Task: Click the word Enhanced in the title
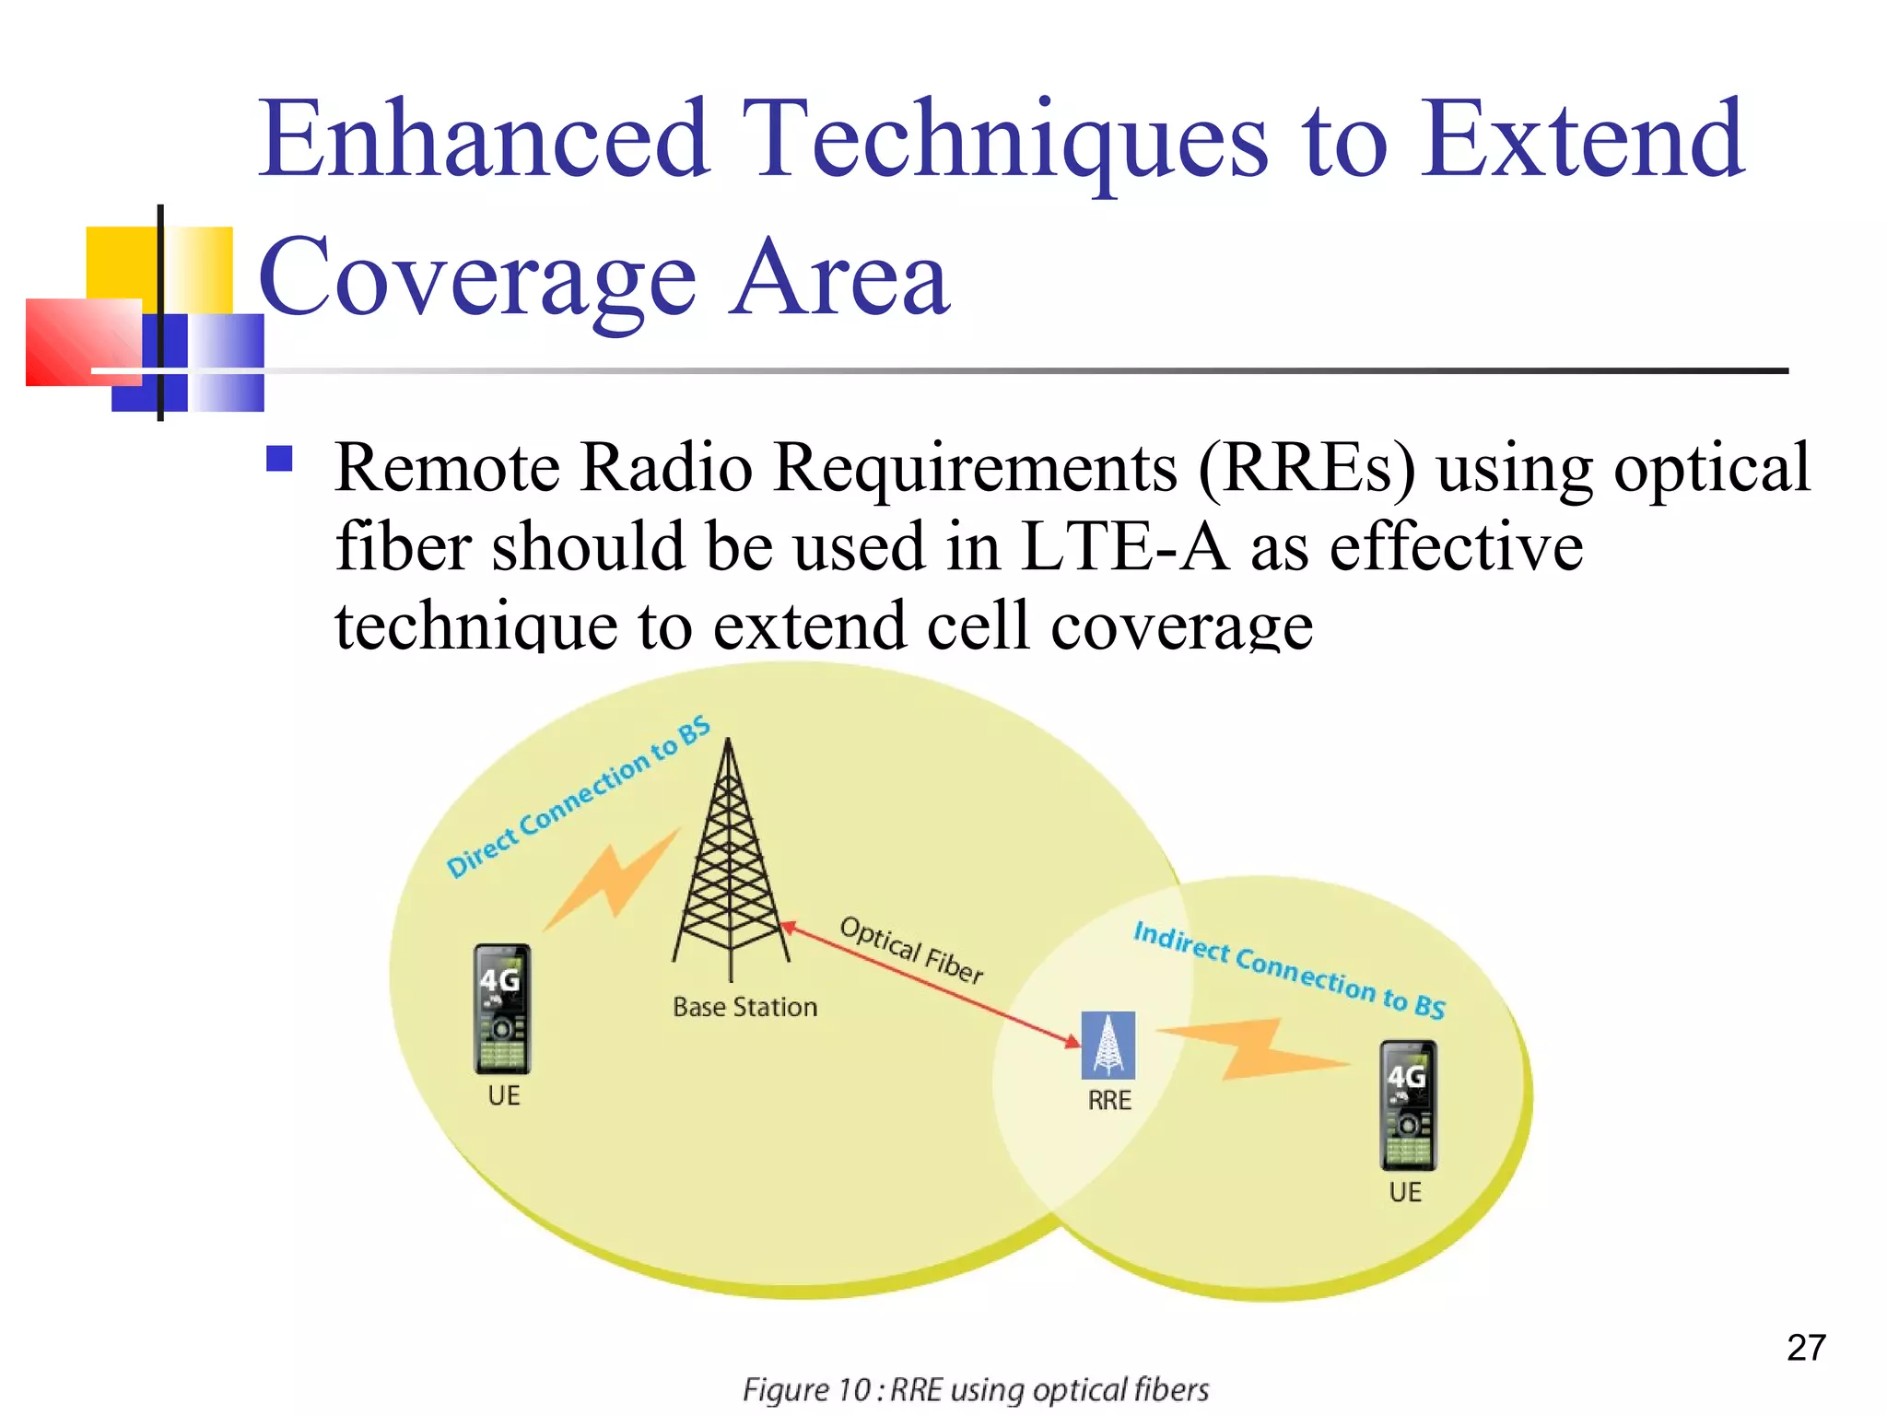[484, 140]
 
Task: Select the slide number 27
[1806, 1348]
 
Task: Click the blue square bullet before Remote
[279, 459]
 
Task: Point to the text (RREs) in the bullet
[1306, 468]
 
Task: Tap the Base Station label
[744, 1007]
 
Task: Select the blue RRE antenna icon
[1108, 1046]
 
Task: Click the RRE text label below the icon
[1108, 1100]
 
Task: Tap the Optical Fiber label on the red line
[911, 950]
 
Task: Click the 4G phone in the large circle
[502, 1009]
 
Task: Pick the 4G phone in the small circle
[1407, 1105]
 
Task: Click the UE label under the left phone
[504, 1095]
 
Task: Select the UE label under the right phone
[1405, 1192]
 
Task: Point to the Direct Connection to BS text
[578, 798]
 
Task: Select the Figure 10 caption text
[975, 1389]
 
